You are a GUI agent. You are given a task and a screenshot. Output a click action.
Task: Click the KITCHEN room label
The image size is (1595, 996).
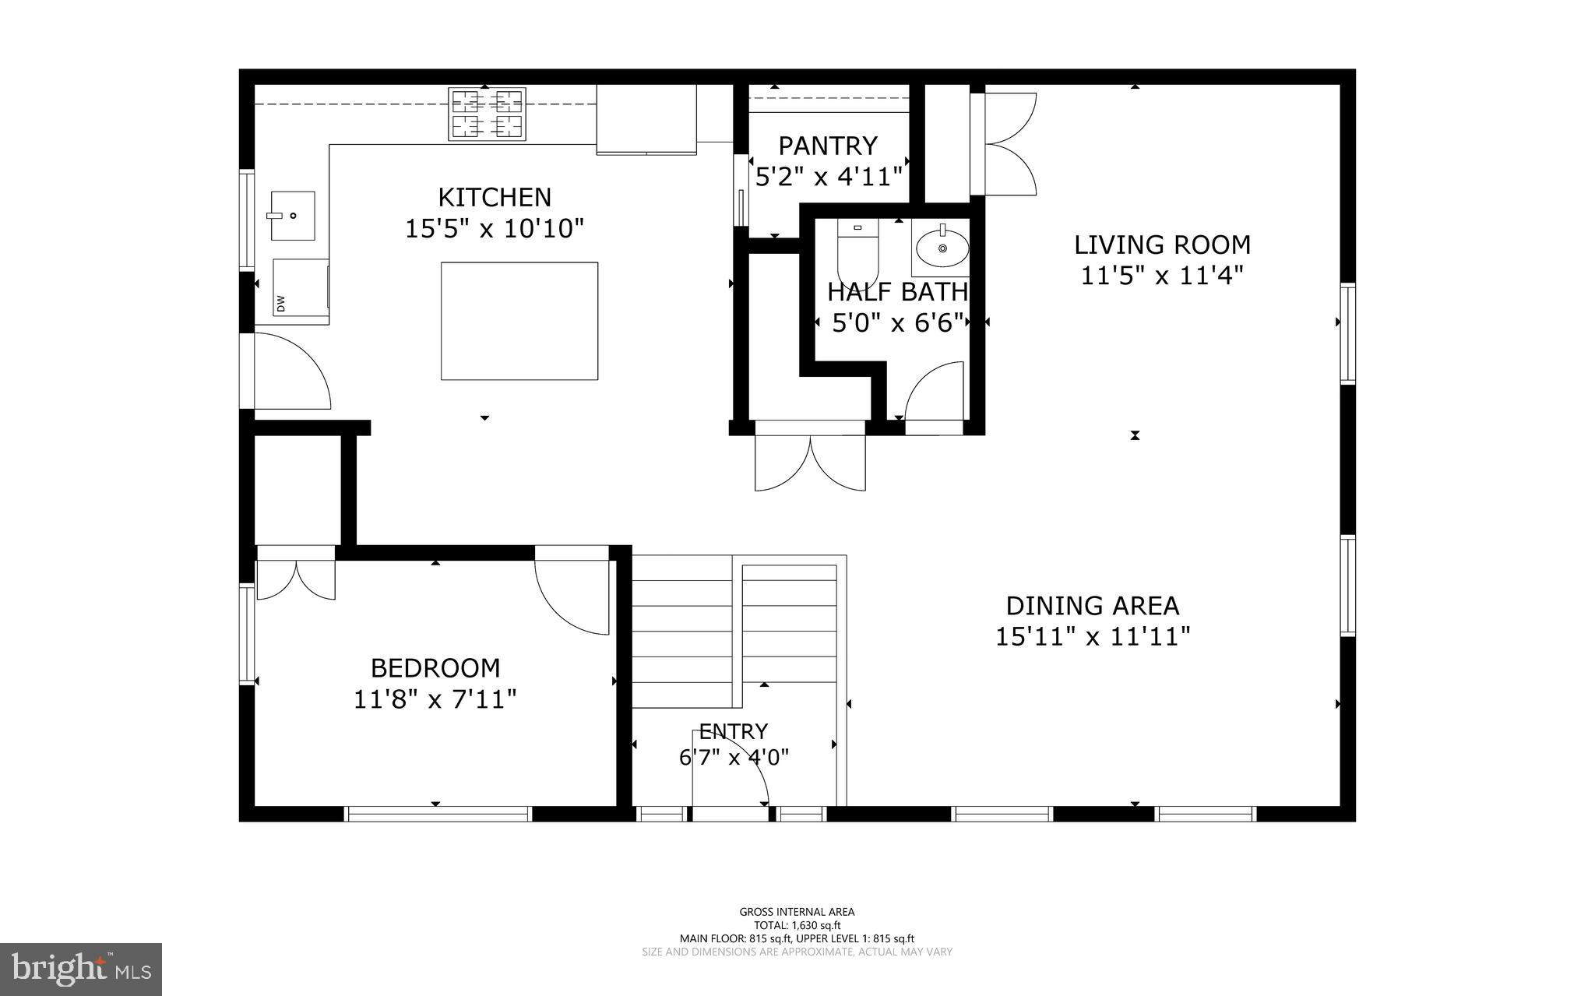tap(495, 197)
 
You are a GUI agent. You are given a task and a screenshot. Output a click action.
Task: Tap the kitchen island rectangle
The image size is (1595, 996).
tap(519, 321)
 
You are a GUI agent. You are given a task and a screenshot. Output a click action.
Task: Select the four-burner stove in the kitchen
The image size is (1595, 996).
tap(487, 114)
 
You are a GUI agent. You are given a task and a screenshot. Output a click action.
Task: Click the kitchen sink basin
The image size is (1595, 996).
tap(293, 215)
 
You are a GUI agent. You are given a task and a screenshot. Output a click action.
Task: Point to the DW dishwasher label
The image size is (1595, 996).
tap(281, 303)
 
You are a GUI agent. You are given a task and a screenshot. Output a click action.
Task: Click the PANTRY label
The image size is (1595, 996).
tap(828, 146)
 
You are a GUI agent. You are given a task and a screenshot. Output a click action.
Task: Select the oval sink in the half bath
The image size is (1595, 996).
tap(942, 248)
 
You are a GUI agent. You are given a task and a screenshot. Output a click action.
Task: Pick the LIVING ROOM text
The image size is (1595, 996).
tap(1162, 245)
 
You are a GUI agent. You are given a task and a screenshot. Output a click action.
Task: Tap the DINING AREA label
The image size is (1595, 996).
tap(1093, 606)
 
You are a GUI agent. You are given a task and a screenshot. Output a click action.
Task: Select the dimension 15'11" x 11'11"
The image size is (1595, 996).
tap(1093, 637)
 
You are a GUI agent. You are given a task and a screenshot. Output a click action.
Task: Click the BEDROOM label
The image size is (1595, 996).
tap(435, 668)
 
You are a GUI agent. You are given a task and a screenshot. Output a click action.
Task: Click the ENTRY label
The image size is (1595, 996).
tap(734, 731)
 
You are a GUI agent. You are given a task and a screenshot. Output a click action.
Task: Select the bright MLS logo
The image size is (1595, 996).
tap(81, 969)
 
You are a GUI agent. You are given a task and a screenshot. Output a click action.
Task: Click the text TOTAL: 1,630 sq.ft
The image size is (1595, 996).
tap(797, 925)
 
